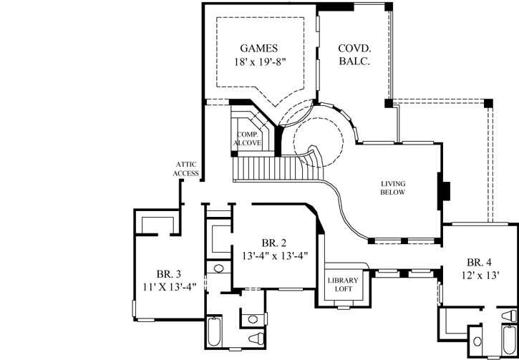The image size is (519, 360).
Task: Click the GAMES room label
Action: pos(258,48)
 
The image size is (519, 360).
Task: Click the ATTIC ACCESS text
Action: pos(185,168)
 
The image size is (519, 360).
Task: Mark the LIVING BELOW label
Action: pos(393,188)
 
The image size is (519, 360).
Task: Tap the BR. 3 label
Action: pos(169,273)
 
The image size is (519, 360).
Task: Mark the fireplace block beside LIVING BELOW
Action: pos(445,192)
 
